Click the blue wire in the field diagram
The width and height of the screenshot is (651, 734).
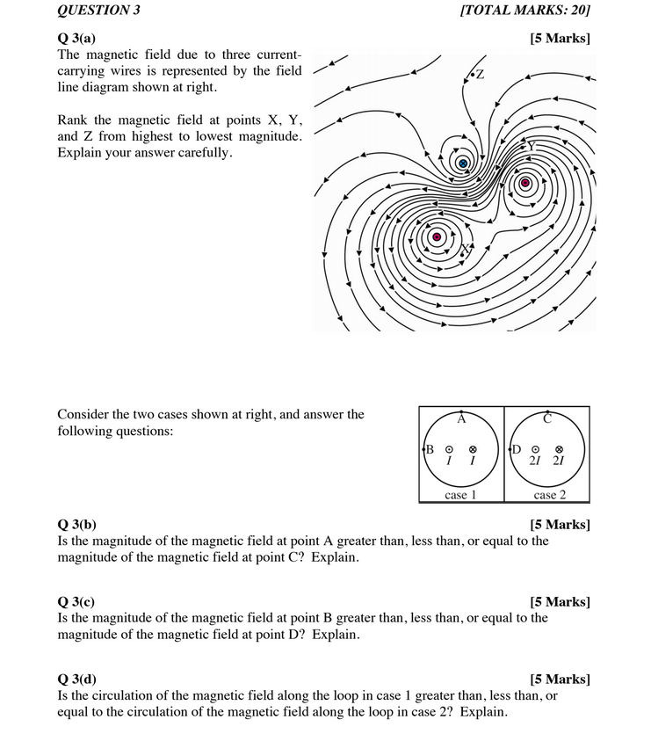pyautogui.click(x=463, y=164)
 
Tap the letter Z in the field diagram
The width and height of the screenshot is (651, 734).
pyautogui.click(x=480, y=73)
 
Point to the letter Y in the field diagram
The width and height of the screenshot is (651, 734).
pyautogui.click(x=532, y=145)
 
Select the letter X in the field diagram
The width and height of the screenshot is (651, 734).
pyautogui.click(x=468, y=248)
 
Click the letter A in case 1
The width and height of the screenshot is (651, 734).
pyautogui.click(x=461, y=419)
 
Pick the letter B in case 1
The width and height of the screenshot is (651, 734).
pyautogui.click(x=430, y=449)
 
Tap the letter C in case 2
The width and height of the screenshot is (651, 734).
pyautogui.click(x=546, y=419)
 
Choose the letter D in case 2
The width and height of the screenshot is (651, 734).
pyautogui.click(x=517, y=449)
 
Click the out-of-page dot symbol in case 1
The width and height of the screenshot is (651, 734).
pyautogui.click(x=449, y=449)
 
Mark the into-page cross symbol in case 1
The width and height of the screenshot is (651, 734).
pyautogui.click(x=473, y=449)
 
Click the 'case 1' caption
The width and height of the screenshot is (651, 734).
pyautogui.click(x=460, y=495)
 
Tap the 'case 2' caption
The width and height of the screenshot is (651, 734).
pyautogui.click(x=546, y=495)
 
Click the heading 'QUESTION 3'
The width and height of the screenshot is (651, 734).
pyautogui.click(x=98, y=11)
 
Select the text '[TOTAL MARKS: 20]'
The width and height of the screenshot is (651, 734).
pyautogui.click(x=524, y=11)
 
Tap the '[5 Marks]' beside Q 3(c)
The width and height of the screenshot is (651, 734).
pyautogui.click(x=561, y=602)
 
